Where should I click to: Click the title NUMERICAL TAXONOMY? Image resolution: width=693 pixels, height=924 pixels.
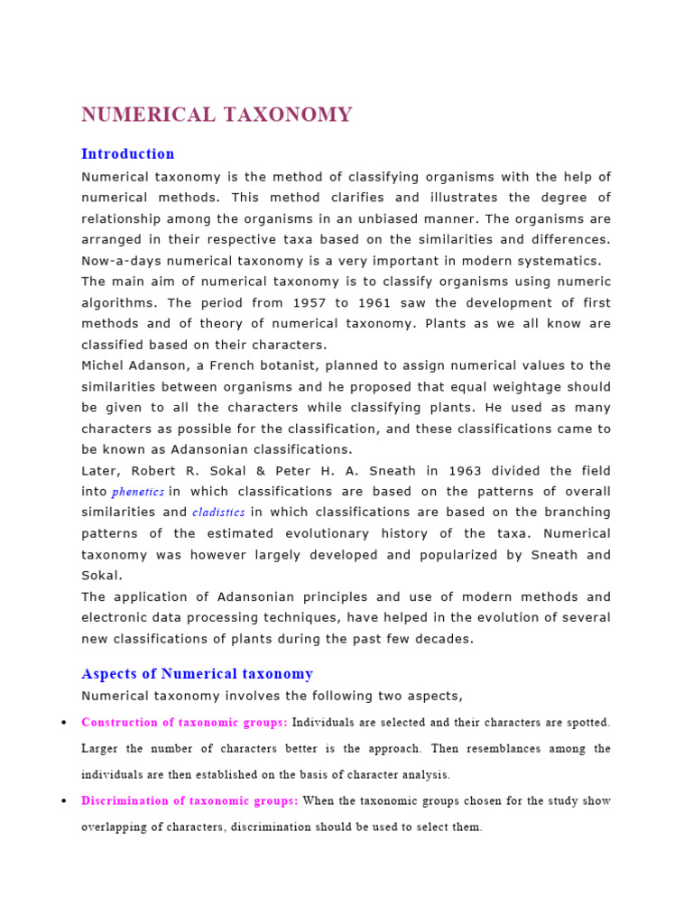coord(217,115)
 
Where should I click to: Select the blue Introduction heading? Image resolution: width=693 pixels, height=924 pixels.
coord(128,153)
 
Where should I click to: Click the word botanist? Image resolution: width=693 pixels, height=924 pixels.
coord(281,365)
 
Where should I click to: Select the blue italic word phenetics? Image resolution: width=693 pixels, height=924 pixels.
coord(138,493)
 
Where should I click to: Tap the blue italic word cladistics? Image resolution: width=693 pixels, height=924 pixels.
coord(218,513)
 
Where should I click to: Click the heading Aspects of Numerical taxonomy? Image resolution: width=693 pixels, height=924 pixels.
coord(198,673)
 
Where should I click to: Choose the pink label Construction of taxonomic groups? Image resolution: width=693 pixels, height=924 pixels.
coord(184,722)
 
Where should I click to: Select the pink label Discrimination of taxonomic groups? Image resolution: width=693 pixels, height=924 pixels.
coord(189,800)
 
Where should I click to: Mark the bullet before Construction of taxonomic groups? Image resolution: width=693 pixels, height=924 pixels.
coord(63,723)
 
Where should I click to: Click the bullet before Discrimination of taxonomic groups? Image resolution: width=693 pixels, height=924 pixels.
coord(63,801)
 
